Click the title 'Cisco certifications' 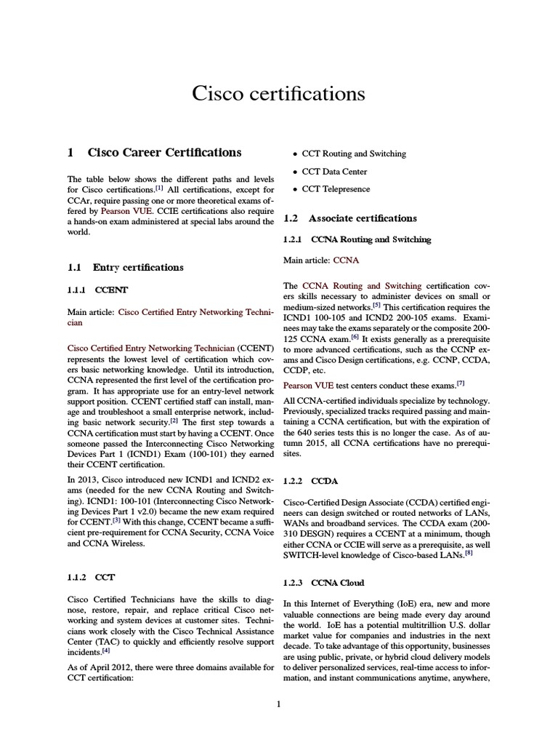coord(278,94)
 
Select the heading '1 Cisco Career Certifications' coord(154,153)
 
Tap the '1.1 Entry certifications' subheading coord(125,267)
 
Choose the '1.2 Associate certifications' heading coord(349,218)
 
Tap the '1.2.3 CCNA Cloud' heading coord(333,583)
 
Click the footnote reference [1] coord(159,188)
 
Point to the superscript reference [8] coord(469,552)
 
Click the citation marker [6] coord(355,336)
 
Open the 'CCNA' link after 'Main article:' coord(346,260)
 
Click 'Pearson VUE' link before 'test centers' coord(309,384)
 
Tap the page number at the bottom coord(278,704)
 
